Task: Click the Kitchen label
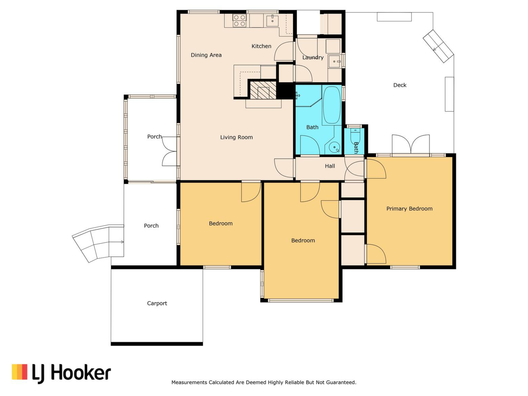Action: [261, 46]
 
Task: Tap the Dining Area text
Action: [206, 55]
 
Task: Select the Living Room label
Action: [236, 137]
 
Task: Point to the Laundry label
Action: [313, 57]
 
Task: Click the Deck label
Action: [400, 85]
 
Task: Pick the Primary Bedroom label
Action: [409, 209]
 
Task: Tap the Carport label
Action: [157, 303]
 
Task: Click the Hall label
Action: [330, 166]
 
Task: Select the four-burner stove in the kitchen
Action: [239, 21]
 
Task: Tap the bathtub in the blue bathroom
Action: [332, 105]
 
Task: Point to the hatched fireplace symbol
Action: [263, 90]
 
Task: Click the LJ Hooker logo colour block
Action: [20, 372]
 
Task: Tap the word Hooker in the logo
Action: [81, 373]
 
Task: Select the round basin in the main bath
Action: [334, 147]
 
